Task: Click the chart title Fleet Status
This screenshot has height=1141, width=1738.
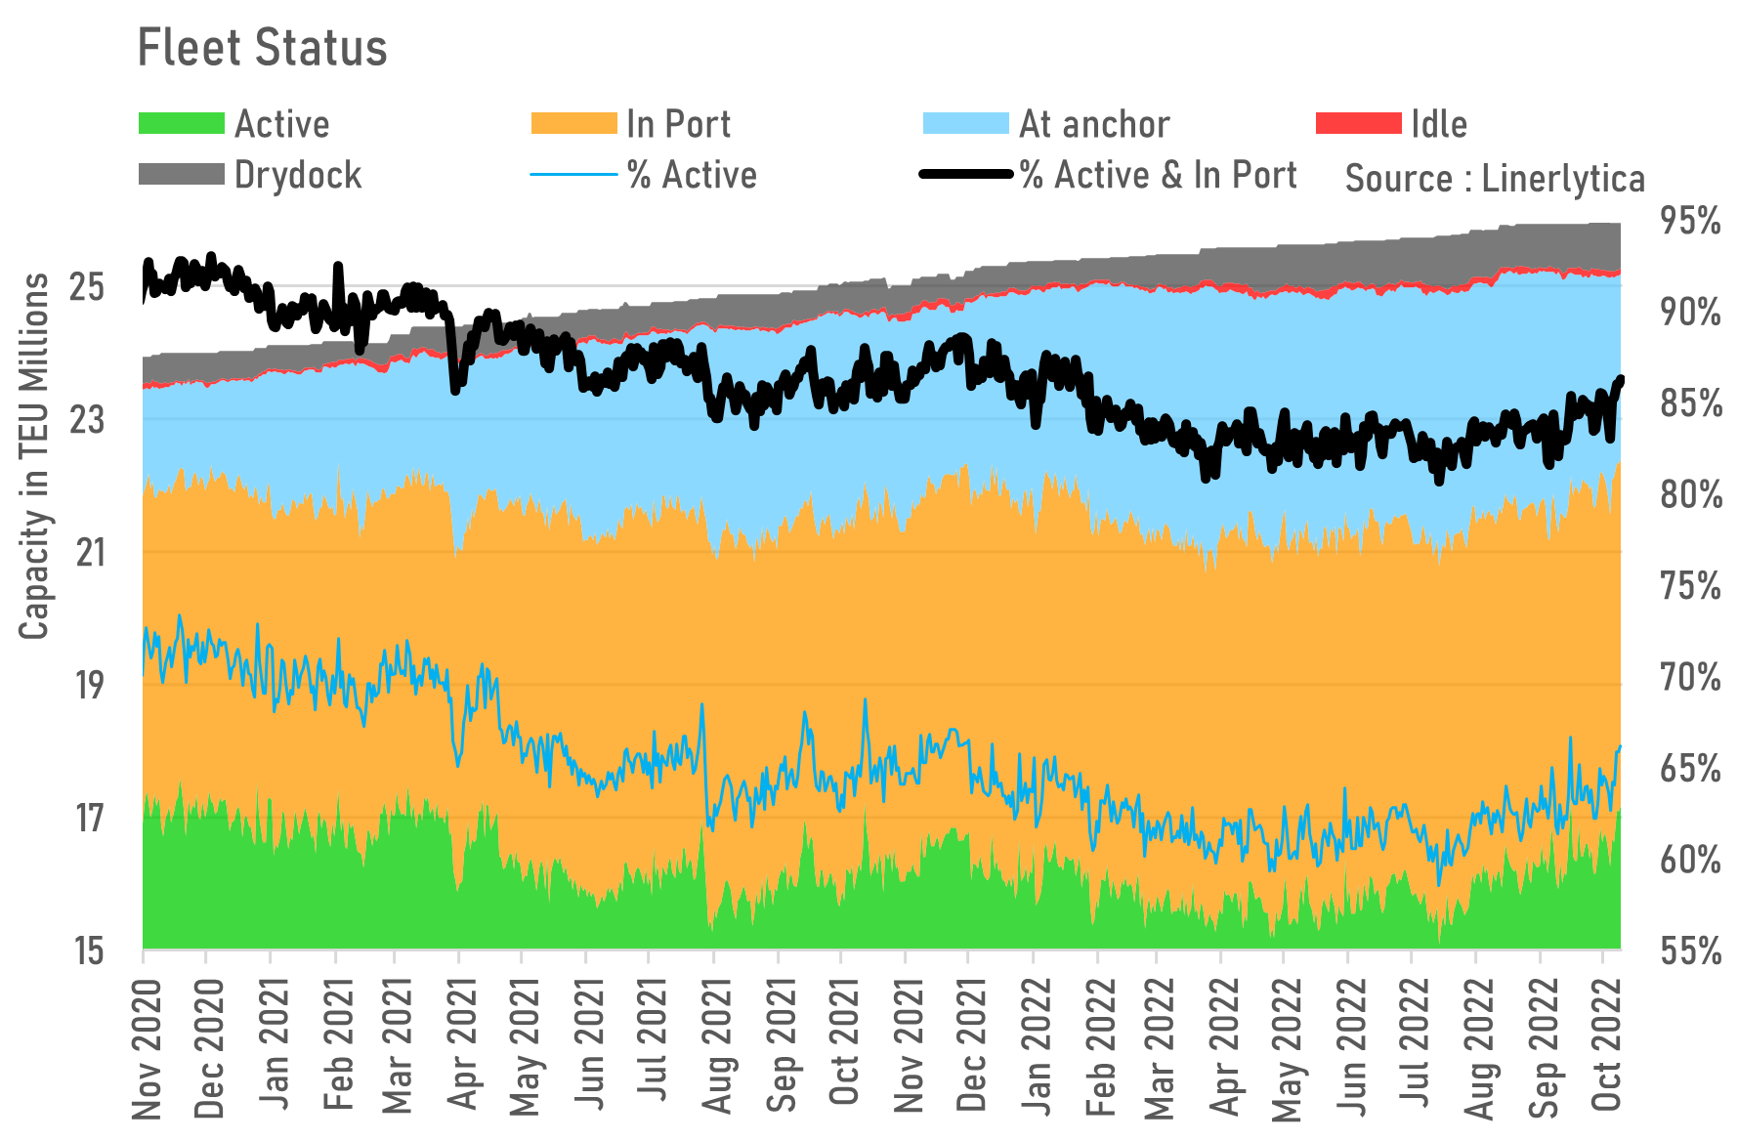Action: point(262,48)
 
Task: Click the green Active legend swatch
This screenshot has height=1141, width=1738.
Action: point(182,124)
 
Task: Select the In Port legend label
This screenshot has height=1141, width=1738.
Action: point(678,124)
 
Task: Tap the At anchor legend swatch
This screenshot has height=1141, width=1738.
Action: point(965,124)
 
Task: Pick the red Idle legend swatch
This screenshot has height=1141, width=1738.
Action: point(1358,124)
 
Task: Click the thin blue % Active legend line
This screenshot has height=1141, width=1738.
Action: point(573,175)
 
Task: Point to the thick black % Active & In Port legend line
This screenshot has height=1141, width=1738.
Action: point(965,175)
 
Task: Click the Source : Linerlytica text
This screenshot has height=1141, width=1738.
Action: point(1495,179)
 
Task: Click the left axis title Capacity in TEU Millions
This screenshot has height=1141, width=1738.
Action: point(34,456)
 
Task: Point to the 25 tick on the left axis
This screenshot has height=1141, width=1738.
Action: point(87,287)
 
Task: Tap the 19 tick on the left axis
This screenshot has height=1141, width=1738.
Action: point(89,685)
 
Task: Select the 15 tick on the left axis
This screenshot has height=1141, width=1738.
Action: point(89,950)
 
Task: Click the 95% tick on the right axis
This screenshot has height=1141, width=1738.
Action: point(1690,221)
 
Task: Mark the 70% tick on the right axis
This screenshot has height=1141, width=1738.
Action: point(1690,677)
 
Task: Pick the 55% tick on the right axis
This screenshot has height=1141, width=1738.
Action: point(1690,951)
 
